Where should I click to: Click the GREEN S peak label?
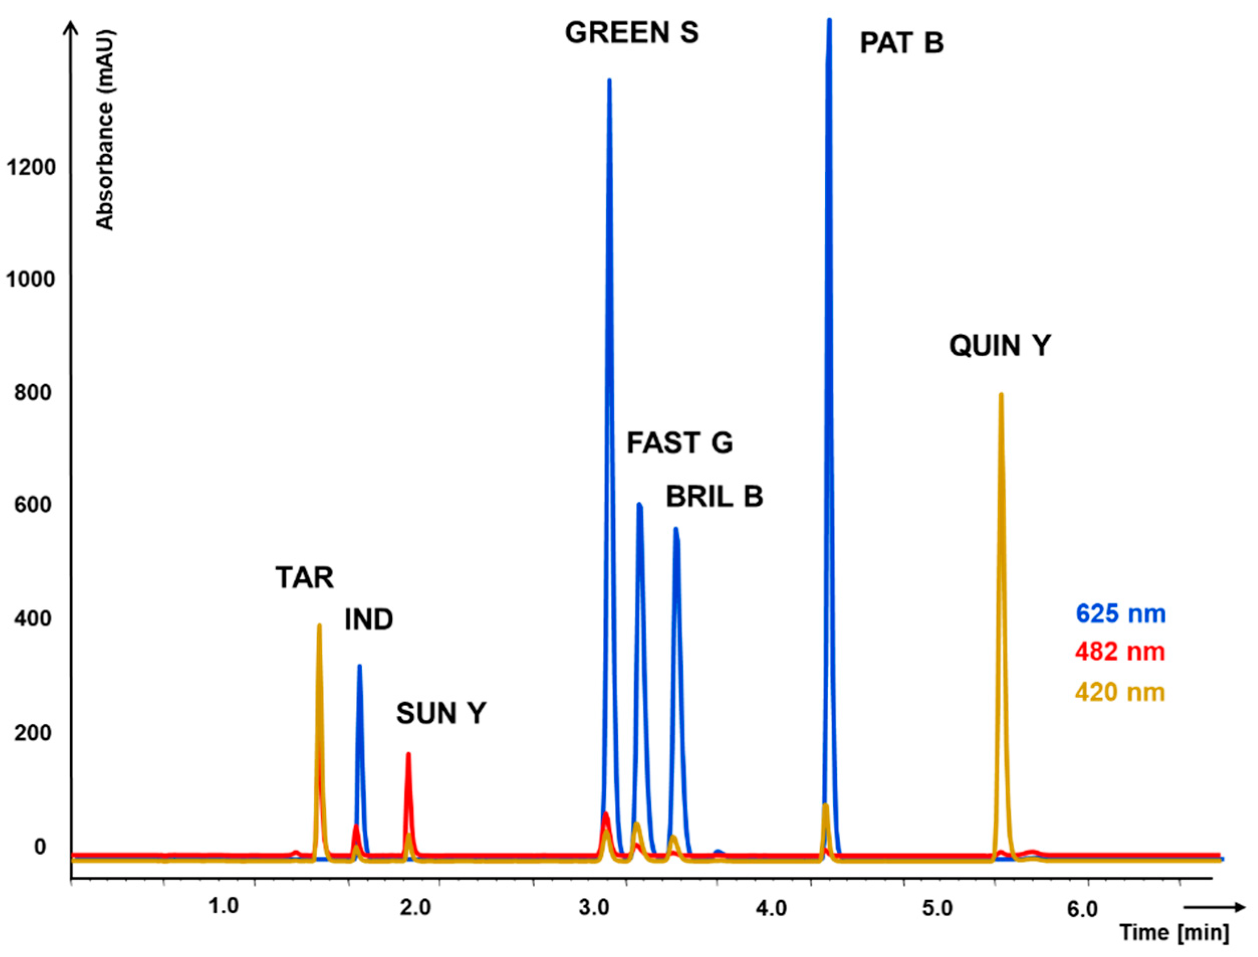tap(631, 33)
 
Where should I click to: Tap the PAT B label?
tap(901, 43)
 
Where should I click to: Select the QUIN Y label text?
tap(999, 345)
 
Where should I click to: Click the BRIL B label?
tap(714, 497)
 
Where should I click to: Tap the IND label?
tap(368, 620)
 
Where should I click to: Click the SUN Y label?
tap(441, 713)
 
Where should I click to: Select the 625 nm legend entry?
tap(1120, 614)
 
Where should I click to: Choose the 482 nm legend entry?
tap(1120, 652)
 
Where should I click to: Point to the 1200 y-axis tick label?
tap(31, 168)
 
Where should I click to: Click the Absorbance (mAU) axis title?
tap(105, 130)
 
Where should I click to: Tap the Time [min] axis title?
tap(1174, 932)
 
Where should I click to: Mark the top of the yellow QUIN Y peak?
tap(1000, 394)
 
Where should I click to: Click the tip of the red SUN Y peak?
tap(408, 754)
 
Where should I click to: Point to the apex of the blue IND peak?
tap(359, 666)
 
